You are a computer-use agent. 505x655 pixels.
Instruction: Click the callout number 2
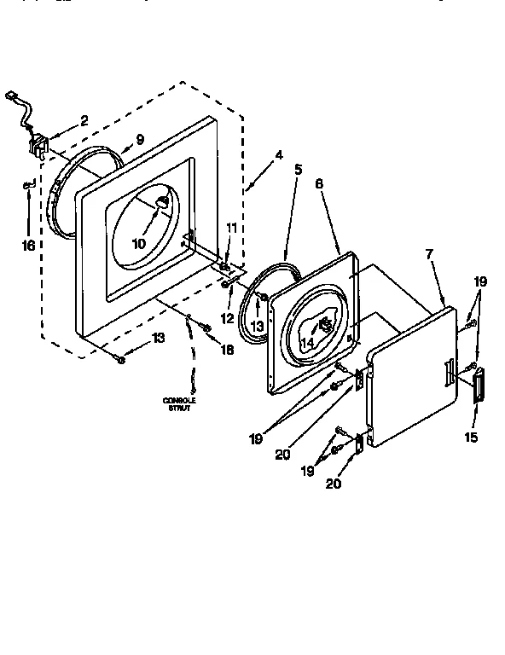[84, 121]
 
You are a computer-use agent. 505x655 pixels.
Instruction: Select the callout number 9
[140, 139]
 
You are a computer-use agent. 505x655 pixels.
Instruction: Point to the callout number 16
[28, 246]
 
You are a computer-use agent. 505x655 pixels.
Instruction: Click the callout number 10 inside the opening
[137, 243]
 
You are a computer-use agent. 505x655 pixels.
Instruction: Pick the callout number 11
[230, 228]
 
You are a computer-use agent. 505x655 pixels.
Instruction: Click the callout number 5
[298, 169]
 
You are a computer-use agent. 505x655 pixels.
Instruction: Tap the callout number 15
[471, 438]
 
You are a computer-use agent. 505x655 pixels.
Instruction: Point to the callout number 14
[307, 342]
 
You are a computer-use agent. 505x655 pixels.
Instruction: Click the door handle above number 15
[476, 383]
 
